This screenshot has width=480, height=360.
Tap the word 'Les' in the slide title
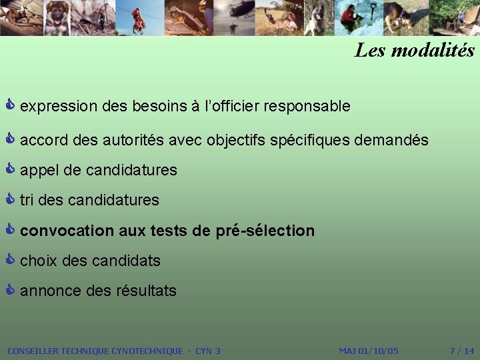369,50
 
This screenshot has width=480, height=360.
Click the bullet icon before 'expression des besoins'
10,105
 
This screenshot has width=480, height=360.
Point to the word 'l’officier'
229,106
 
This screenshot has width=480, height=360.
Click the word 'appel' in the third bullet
39,171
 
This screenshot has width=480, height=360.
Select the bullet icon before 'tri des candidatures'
10,199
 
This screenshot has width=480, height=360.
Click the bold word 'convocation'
67,231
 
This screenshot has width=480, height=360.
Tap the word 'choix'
39,261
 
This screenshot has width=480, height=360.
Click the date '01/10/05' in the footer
378,351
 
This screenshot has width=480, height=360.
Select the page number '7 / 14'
462,351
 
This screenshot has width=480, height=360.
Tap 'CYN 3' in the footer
207,351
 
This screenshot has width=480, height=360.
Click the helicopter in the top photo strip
241,10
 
